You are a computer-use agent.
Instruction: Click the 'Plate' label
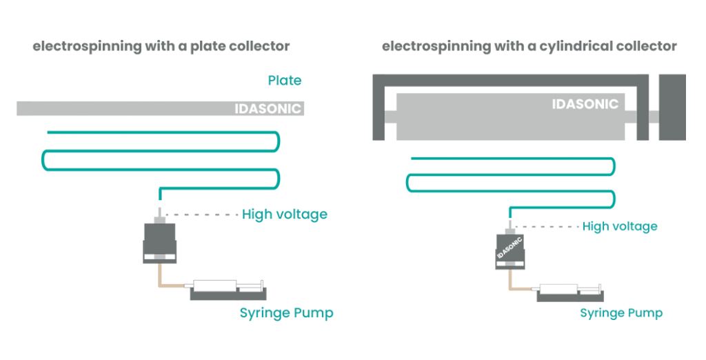pos(285,81)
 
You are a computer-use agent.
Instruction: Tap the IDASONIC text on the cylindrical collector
pos(585,104)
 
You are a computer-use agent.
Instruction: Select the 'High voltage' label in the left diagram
pos(284,214)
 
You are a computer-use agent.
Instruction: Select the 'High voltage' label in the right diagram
pos(620,226)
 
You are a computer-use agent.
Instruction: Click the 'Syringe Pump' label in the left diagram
pos(286,313)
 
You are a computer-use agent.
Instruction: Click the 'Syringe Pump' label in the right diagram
pos(621,313)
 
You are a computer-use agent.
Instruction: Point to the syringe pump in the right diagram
pos(569,290)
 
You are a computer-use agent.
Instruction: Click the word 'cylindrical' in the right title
pos(580,47)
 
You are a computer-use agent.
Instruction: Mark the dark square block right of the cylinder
pos(672,106)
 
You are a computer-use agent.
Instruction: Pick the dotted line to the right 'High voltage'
pos(545,226)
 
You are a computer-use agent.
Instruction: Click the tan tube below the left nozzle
pos(161,276)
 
